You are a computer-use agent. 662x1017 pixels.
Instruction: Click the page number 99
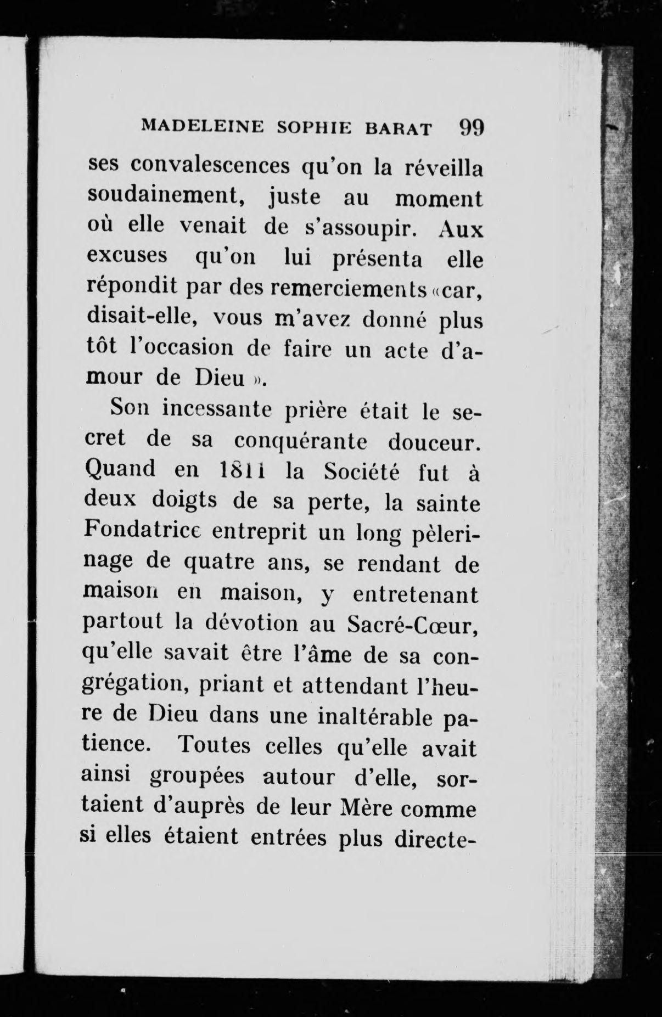pyautogui.click(x=470, y=128)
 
